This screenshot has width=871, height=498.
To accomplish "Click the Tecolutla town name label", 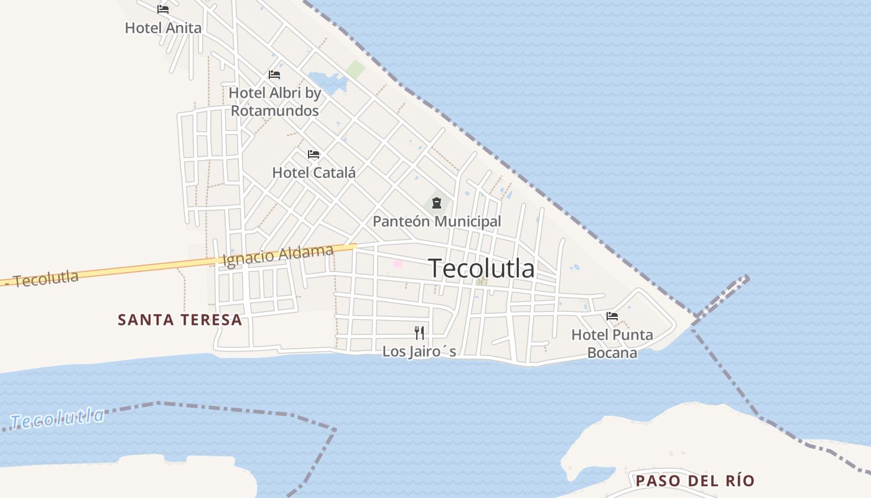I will click(482, 268).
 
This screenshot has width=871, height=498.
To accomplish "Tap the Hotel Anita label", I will click(163, 28).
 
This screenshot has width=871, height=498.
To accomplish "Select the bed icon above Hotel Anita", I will click(163, 9).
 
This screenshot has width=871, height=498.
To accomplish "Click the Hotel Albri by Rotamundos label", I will click(274, 101).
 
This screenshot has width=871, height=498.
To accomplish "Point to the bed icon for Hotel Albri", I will click(274, 75).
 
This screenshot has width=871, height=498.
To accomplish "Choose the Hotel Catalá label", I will click(314, 172).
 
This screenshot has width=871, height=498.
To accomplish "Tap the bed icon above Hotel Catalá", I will click(314, 154).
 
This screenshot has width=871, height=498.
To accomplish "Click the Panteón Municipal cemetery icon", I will click(437, 202).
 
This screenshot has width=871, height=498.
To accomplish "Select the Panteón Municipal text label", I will click(437, 221).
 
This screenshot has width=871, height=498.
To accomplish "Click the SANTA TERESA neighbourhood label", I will click(180, 320).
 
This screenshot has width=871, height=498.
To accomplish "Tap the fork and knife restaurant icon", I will click(419, 333).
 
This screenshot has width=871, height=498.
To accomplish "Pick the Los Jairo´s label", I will click(419, 352).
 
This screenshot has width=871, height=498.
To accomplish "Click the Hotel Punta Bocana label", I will click(612, 344).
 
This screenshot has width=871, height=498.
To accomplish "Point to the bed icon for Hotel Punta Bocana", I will click(612, 316).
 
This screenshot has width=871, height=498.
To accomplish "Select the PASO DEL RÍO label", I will click(695, 481).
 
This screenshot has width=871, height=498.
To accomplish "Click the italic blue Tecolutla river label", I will click(57, 418).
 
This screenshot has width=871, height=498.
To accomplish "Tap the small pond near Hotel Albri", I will click(327, 82).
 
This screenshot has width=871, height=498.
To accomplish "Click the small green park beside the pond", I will click(356, 69).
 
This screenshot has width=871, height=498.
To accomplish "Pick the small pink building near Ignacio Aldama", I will click(398, 264).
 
